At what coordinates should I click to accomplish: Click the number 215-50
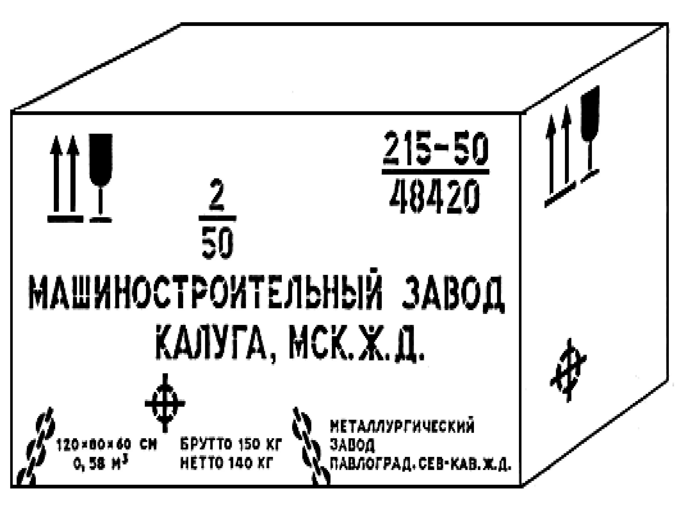pyautogui.click(x=435, y=148)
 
